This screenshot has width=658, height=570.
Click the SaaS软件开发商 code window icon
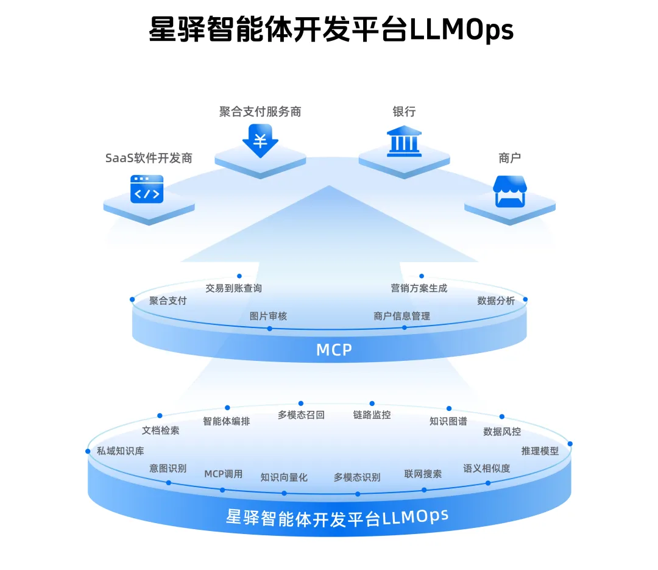click(x=147, y=189)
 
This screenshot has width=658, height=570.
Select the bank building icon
click(x=404, y=142)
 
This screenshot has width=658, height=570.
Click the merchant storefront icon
click(x=509, y=191)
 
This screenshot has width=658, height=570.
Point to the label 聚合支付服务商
click(x=260, y=112)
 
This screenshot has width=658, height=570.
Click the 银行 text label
click(x=404, y=112)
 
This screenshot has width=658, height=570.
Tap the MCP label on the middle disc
click(x=334, y=349)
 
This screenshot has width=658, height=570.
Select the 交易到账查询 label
click(x=233, y=288)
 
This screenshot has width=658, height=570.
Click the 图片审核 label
click(x=268, y=316)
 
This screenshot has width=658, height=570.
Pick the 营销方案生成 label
click(x=419, y=288)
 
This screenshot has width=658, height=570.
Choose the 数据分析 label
click(x=496, y=301)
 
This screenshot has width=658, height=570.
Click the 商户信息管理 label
click(x=402, y=316)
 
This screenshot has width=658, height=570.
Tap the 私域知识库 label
click(x=121, y=451)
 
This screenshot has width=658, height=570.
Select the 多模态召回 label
click(x=301, y=415)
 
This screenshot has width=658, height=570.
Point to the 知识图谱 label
click(x=448, y=421)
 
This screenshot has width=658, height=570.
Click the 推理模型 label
click(x=540, y=451)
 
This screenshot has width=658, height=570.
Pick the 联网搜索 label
click(x=423, y=474)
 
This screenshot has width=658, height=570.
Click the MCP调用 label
click(x=223, y=474)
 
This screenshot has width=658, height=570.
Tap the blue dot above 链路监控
click(x=372, y=403)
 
